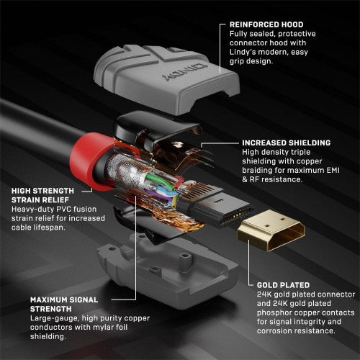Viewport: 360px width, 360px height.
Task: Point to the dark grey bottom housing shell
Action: [180, 266]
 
